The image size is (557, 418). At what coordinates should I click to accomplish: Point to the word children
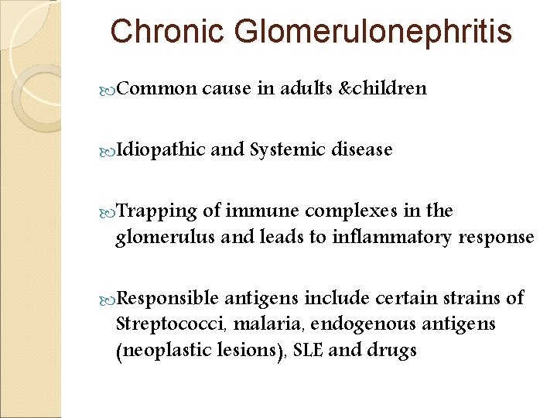(390, 88)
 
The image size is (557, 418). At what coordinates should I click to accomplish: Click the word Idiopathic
(160, 150)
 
